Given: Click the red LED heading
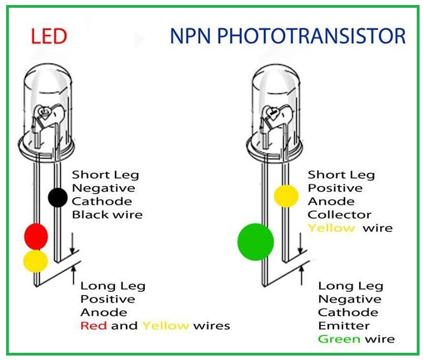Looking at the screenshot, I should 49,37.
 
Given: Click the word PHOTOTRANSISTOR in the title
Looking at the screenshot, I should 312,37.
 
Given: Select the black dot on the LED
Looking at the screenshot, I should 58,197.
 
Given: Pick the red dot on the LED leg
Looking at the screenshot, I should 36,236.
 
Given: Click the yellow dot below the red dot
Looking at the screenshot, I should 36,261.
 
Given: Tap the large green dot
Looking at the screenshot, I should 255,242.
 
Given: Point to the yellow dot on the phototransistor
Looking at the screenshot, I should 286,196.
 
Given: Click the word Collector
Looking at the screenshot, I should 340,214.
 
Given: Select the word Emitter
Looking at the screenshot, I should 344,326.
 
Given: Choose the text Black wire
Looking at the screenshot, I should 107,214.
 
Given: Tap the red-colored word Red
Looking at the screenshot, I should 93,326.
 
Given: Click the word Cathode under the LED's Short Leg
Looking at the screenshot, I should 102,201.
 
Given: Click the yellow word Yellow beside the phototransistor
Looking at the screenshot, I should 331,228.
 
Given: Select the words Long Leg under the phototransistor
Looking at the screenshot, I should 350,286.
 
